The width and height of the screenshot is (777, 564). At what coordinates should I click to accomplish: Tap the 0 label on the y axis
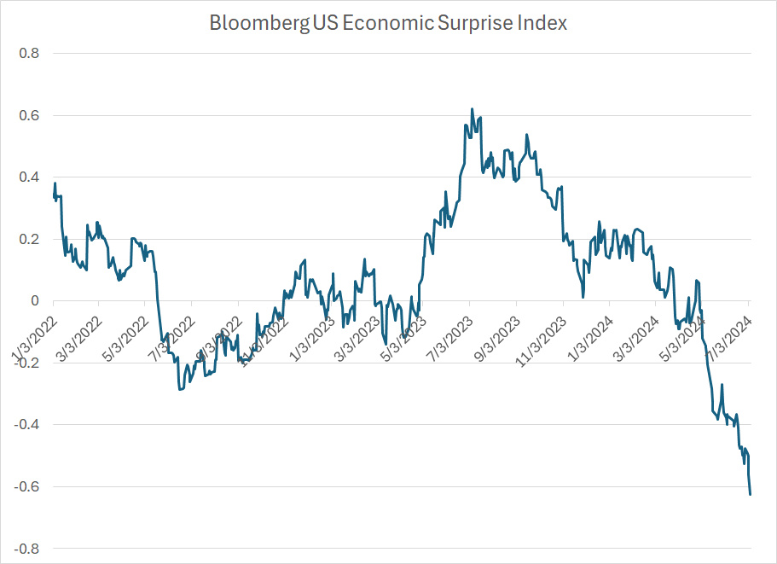[35, 301]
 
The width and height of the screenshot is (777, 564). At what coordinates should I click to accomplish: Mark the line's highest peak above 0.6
[473, 109]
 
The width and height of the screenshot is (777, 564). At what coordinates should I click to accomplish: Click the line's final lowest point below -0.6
[750, 494]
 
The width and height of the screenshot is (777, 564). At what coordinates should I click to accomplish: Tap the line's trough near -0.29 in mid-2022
[180, 390]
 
